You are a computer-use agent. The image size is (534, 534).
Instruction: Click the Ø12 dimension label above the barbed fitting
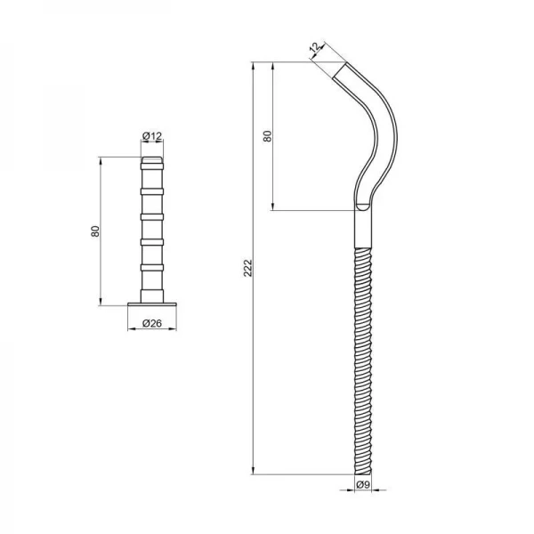click(x=152, y=136)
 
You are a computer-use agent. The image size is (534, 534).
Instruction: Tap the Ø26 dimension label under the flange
click(x=152, y=323)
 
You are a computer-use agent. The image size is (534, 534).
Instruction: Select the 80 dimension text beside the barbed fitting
click(x=94, y=231)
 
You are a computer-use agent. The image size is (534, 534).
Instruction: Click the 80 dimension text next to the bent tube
click(x=266, y=136)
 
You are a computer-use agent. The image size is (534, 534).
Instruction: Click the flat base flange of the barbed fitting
click(x=152, y=303)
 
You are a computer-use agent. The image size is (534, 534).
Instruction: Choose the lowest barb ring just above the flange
click(x=152, y=266)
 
